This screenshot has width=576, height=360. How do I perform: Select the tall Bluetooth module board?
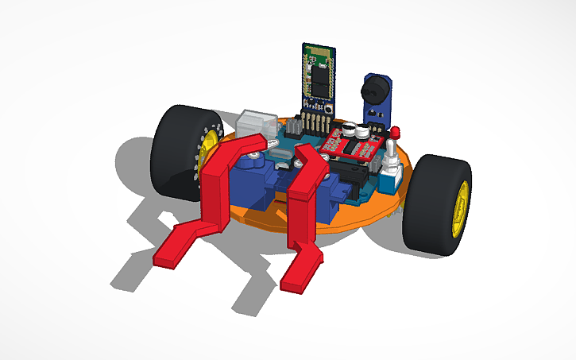click(x=319, y=75)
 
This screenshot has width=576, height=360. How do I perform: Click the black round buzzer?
click(x=374, y=86)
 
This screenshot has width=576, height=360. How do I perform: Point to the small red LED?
click(x=396, y=131)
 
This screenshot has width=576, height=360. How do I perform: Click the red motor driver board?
click(x=354, y=143)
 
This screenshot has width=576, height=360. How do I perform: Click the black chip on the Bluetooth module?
click(x=319, y=79)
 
